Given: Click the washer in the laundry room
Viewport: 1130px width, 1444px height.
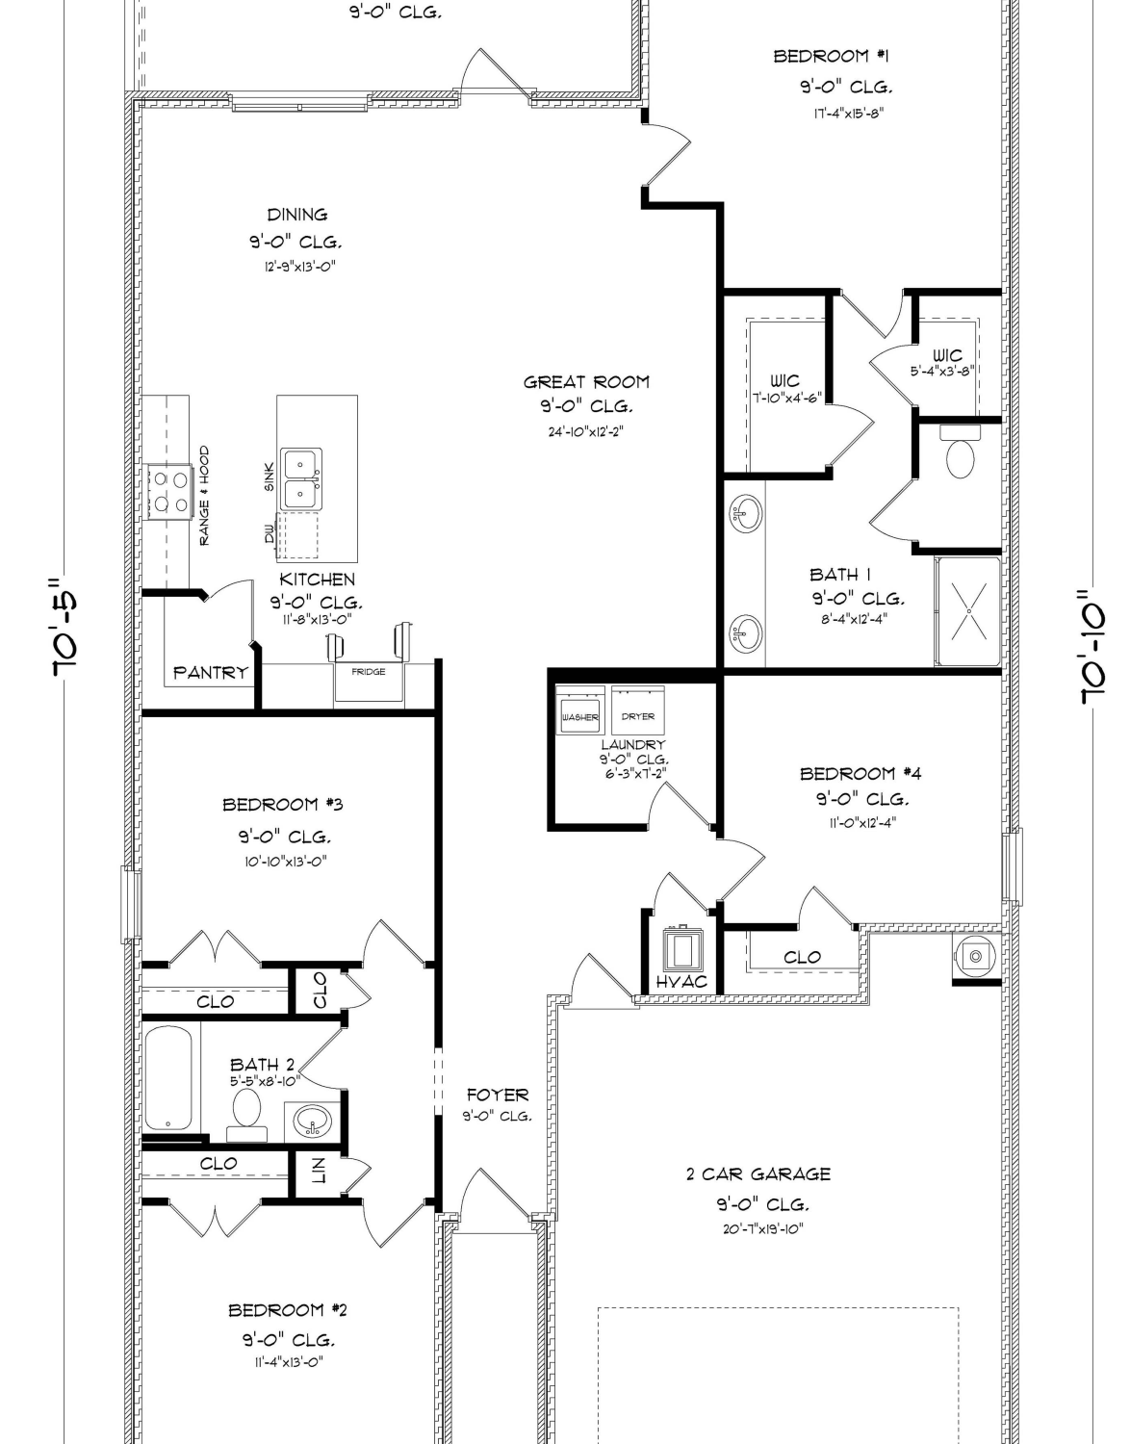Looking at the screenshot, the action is tap(580, 709).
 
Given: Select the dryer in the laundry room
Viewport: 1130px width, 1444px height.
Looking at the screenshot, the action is tap(638, 709).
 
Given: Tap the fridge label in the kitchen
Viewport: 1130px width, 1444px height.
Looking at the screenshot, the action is tap(369, 672).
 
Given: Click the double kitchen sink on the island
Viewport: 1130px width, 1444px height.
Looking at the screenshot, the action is tap(301, 479).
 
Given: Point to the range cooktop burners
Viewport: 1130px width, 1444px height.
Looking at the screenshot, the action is tap(169, 492).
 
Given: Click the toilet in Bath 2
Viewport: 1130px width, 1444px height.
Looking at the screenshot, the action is tap(246, 1116).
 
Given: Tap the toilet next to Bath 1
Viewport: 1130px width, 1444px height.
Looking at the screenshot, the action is tap(960, 451).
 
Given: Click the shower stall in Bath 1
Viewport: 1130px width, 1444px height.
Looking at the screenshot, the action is tap(968, 611).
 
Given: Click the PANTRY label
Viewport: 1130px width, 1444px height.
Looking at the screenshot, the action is tap(211, 673).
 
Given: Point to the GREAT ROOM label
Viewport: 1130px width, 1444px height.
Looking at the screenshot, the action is tap(586, 382).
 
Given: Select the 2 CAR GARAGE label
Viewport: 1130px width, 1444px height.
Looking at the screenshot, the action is tap(758, 1174).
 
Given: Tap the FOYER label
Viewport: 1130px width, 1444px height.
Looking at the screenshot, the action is tap(498, 1095).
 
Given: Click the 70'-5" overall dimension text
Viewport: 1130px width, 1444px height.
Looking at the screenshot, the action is tap(66, 627).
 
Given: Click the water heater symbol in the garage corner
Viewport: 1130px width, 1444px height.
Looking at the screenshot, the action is tap(975, 956).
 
